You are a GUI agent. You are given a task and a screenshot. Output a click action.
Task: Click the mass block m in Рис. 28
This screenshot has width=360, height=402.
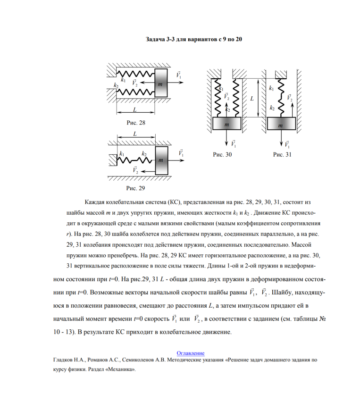160,84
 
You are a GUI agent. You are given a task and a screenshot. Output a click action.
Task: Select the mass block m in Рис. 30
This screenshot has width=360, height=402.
227,124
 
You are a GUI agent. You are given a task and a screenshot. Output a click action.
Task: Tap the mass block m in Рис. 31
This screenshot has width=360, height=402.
282,124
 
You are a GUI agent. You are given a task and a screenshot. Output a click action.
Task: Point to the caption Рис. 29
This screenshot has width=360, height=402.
136,188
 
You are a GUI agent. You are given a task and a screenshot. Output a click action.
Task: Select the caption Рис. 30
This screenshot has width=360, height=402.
222,154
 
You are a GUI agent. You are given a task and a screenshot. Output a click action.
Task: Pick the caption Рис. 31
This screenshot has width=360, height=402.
282,154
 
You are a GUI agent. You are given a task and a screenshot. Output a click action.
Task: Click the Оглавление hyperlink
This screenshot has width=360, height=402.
190,352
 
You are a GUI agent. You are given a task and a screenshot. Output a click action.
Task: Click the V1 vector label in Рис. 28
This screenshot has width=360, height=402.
179,75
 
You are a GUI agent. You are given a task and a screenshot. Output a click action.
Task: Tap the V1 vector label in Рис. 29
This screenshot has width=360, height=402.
181,152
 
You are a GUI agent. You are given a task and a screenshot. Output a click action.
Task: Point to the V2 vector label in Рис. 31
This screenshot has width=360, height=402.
289,98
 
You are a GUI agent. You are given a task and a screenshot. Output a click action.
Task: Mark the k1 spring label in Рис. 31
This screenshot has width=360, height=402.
271,88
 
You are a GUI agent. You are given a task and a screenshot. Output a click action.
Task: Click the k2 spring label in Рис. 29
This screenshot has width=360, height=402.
144,154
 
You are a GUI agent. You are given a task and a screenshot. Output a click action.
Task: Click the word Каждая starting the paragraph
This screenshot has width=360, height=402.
96,202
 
